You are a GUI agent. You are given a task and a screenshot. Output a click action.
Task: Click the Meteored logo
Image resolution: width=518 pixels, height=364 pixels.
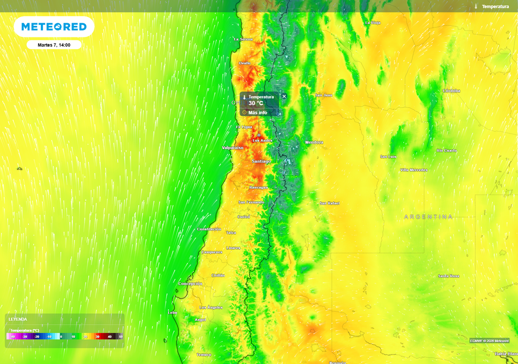point(54,27)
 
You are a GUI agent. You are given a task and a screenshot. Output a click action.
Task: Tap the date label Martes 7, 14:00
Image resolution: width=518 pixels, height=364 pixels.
point(54,45)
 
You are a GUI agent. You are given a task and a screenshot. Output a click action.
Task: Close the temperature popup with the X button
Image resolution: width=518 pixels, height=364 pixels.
point(284,96)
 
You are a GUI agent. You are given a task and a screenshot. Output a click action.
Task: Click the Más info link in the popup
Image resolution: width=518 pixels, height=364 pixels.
point(257,112)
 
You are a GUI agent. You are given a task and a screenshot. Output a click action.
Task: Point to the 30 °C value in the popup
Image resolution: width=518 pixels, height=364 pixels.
point(255,103)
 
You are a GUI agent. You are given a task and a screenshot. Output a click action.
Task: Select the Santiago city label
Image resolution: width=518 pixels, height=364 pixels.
point(261,161)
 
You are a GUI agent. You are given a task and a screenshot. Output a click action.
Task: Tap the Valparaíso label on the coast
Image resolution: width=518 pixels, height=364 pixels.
point(233,148)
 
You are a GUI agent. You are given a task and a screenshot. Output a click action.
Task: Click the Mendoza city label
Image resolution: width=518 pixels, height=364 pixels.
point(314,143)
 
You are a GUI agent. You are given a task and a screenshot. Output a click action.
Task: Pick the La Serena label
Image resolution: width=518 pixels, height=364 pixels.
point(243,39)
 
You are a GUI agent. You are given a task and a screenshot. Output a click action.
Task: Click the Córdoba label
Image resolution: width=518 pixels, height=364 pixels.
point(451,91)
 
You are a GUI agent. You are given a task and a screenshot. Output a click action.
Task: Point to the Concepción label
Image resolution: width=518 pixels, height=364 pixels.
point(190,284)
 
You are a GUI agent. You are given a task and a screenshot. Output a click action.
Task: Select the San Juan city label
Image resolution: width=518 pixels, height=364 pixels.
point(324,95)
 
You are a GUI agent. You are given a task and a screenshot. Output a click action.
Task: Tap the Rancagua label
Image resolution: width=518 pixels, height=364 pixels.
point(258,188)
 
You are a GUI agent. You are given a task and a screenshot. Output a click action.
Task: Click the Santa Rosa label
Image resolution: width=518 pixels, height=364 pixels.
point(448,276)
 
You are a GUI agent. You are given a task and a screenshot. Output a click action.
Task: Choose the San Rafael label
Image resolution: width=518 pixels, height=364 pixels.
point(329,203)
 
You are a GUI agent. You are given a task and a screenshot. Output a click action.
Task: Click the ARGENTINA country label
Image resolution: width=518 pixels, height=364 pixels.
point(428,217)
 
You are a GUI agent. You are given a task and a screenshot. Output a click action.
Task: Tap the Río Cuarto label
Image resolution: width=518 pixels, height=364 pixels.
point(447,151)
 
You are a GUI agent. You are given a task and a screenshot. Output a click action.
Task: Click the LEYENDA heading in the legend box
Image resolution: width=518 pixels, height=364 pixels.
point(18,320)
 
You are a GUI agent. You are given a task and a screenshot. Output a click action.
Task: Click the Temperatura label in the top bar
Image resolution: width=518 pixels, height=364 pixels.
point(495,7)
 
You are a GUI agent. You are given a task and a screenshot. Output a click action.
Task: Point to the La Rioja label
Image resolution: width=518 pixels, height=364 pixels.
point(372,23)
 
